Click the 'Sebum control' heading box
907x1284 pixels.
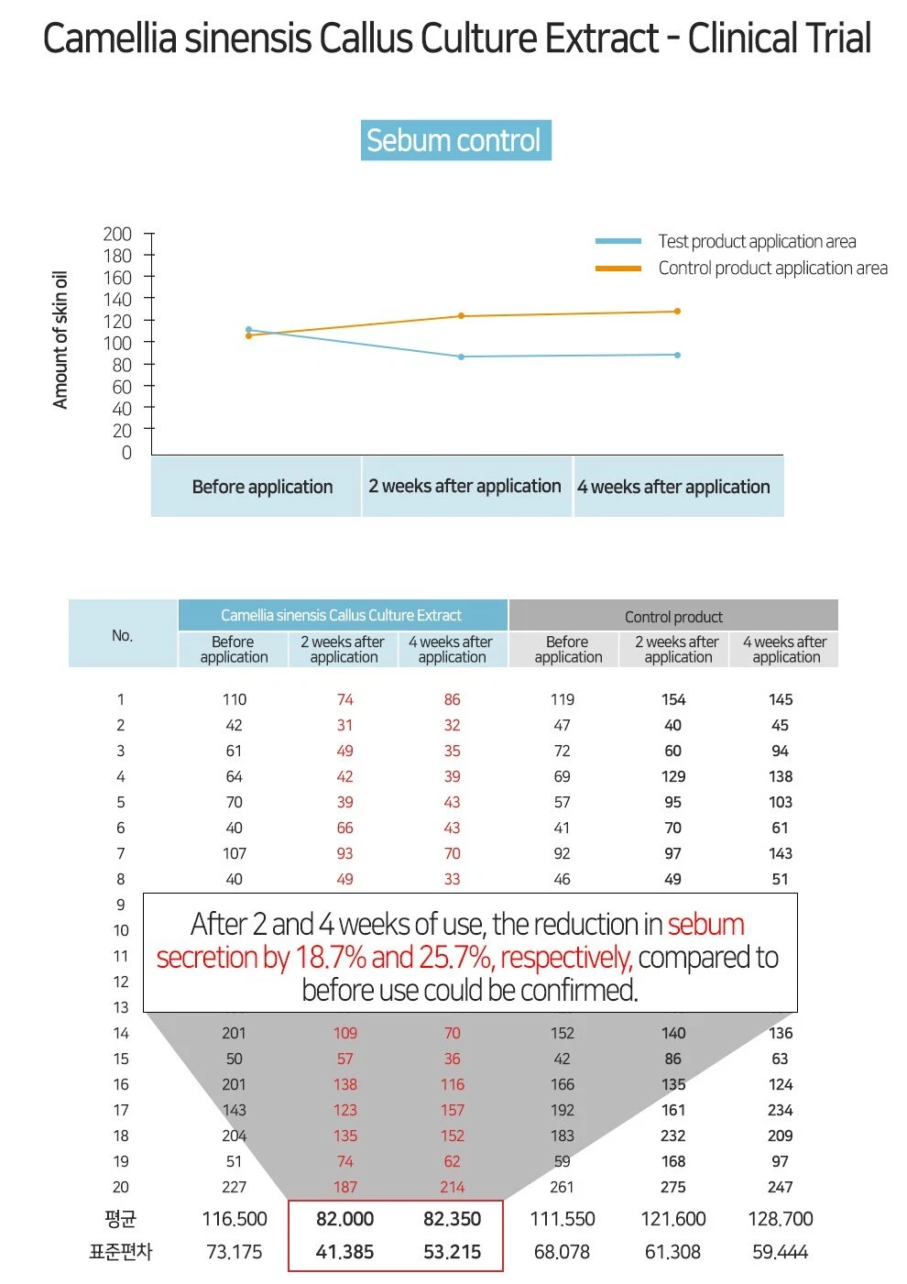click(455, 140)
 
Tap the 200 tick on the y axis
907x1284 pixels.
click(117, 235)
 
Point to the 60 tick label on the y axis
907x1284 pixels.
click(121, 387)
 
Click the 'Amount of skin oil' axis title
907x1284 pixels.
click(60, 340)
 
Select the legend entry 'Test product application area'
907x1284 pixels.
click(757, 241)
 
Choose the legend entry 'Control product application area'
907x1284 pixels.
click(772, 268)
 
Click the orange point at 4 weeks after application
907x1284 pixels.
click(677, 312)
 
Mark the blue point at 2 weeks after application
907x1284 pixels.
click(461, 357)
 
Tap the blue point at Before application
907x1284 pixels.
click(248, 329)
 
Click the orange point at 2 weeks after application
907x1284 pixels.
click(461, 316)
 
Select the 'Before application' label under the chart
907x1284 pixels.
click(262, 487)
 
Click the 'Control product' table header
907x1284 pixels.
click(673, 617)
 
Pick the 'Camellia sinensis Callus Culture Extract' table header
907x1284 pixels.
click(341, 615)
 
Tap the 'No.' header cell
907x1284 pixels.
click(122, 635)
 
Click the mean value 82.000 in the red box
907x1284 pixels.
click(344, 1219)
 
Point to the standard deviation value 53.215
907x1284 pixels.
click(452, 1252)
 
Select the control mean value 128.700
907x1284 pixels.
click(781, 1219)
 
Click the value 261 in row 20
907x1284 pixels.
click(562, 1187)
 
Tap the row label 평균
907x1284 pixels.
click(120, 1219)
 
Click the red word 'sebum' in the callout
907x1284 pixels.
click(705, 924)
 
